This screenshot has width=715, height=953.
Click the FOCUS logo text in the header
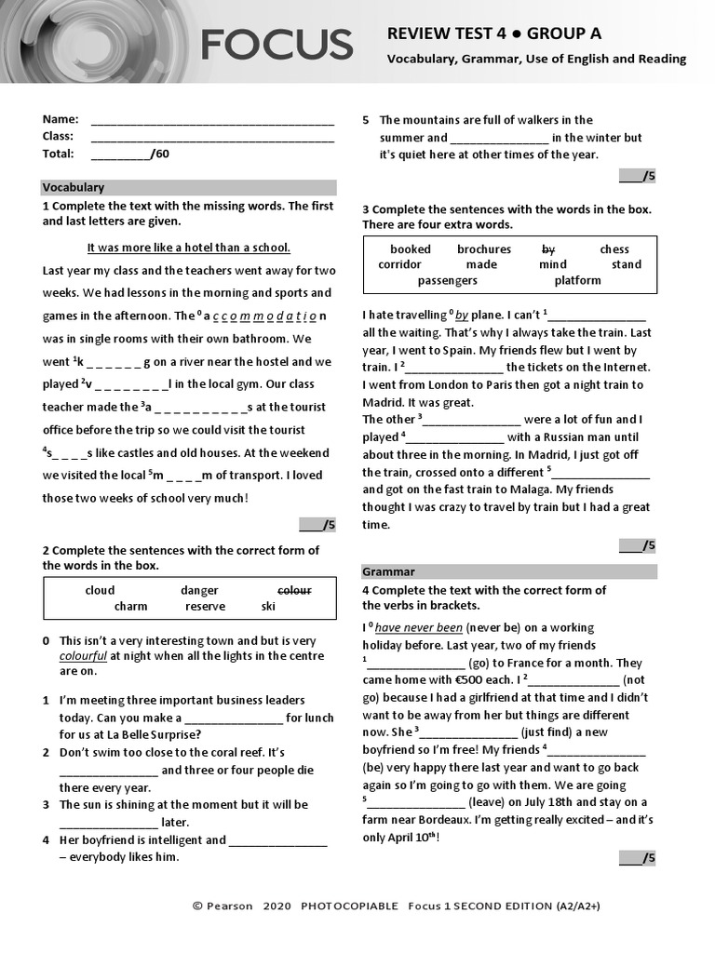[277, 45]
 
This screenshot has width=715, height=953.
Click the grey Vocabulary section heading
[74, 187]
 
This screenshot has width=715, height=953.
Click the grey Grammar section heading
[388, 571]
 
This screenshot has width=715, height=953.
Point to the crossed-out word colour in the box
[295, 590]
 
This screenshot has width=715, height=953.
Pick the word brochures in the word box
[483, 249]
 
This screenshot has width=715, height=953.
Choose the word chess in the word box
[614, 249]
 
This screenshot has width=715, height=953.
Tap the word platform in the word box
[577, 280]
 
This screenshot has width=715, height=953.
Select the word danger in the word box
[199, 590]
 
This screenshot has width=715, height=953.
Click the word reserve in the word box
[205, 606]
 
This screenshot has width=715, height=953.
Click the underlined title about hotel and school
[188, 248]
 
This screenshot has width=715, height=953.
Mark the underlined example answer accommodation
[264, 316]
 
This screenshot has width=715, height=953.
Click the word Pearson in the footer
[229, 906]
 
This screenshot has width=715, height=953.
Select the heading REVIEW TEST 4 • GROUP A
[493, 34]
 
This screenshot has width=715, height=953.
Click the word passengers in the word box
[447, 280]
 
